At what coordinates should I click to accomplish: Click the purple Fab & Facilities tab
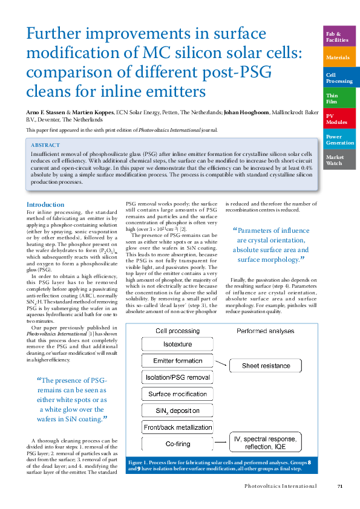point(340,37)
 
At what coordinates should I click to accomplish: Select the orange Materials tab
point(340,57)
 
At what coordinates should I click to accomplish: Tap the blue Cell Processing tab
point(340,77)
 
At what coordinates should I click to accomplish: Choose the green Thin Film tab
point(340,98)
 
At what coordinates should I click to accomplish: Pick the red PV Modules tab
point(340,118)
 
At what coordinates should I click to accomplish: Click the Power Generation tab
point(340,139)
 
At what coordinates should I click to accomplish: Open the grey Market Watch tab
point(340,160)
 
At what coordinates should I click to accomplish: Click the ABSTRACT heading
point(46,145)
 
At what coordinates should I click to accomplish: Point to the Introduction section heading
point(45,204)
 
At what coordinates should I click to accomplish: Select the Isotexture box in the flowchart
point(177,344)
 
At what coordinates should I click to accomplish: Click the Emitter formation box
point(177,361)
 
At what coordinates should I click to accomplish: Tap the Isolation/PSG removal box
point(177,377)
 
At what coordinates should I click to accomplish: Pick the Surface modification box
point(177,394)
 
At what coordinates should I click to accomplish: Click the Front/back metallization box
point(177,427)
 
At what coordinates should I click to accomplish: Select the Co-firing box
point(177,444)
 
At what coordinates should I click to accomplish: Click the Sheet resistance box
point(267,366)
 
